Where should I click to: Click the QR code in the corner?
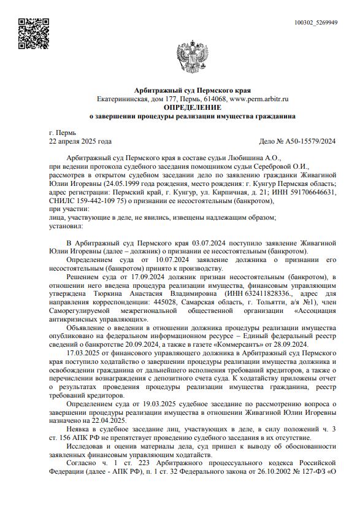[x=30, y=34]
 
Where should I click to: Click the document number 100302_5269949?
[x=316, y=23]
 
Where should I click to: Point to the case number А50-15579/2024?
[x=309, y=141]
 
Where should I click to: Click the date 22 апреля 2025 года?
[x=80, y=141]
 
